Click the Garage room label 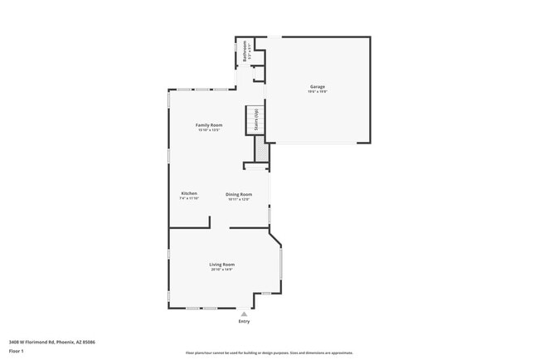tap(317, 86)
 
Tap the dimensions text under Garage tap(317, 91)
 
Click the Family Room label tap(209, 124)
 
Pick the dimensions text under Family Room tap(209, 129)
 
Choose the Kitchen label tap(189, 193)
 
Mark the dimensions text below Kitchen tap(189, 198)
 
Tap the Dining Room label tap(239, 194)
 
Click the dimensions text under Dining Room tap(239, 199)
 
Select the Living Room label tap(222, 264)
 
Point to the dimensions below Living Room tap(222, 269)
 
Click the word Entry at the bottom tap(244, 321)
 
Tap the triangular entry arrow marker tap(244, 314)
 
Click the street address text tap(52, 342)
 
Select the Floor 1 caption tap(17, 351)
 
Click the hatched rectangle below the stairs tap(260, 148)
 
